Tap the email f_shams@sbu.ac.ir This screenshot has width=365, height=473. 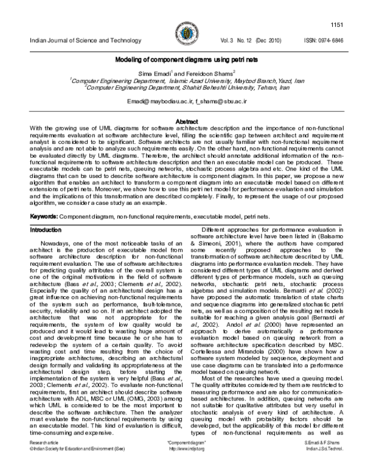click(215, 100)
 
